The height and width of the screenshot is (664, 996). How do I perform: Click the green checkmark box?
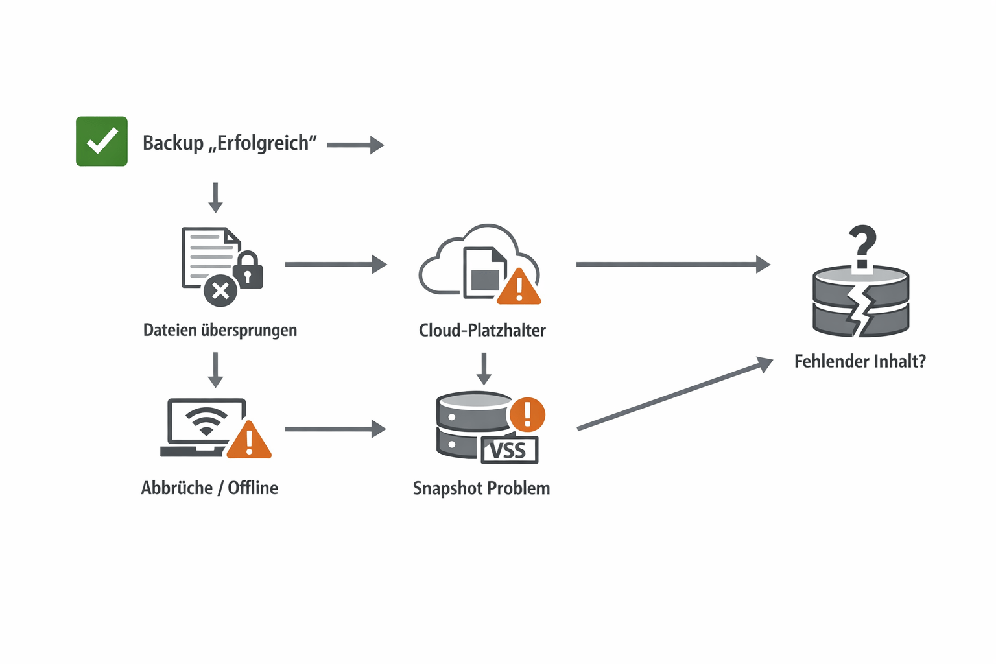(x=102, y=141)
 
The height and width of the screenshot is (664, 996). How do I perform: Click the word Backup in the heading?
(x=173, y=143)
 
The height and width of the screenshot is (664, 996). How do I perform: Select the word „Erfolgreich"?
(x=263, y=143)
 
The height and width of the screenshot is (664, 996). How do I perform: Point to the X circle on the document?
(x=220, y=290)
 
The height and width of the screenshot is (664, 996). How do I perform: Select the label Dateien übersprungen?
(x=220, y=330)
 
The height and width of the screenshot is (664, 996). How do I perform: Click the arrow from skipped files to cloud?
(x=335, y=264)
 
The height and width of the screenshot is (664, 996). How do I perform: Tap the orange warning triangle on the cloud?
(x=519, y=287)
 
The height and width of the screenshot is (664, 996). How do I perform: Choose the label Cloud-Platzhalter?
(x=482, y=330)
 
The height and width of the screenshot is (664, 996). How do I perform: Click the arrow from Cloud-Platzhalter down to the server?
(x=484, y=368)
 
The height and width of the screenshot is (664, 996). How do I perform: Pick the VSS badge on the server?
(x=510, y=450)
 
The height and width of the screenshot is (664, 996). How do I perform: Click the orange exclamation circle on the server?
(x=527, y=414)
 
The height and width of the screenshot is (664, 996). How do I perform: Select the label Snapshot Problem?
(x=481, y=488)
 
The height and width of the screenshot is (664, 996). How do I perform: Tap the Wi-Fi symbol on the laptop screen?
(x=206, y=421)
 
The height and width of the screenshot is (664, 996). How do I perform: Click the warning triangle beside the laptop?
(x=249, y=441)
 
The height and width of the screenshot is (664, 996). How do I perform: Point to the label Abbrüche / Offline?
(x=209, y=488)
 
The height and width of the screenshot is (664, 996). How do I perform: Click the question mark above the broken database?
(x=862, y=246)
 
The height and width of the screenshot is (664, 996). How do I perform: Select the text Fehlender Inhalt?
(x=860, y=361)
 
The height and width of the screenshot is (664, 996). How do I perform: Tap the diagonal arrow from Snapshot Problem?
(x=674, y=394)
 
